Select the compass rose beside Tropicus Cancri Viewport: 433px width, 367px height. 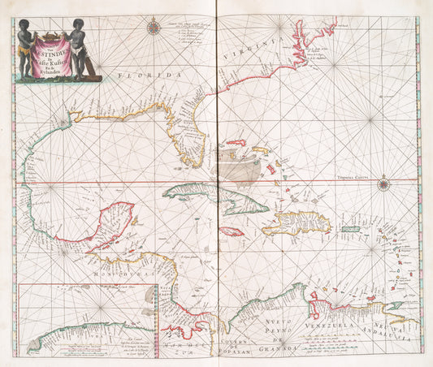(383, 185)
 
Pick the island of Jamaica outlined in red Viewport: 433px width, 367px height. (232, 231)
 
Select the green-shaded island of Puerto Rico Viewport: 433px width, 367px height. (350, 230)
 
